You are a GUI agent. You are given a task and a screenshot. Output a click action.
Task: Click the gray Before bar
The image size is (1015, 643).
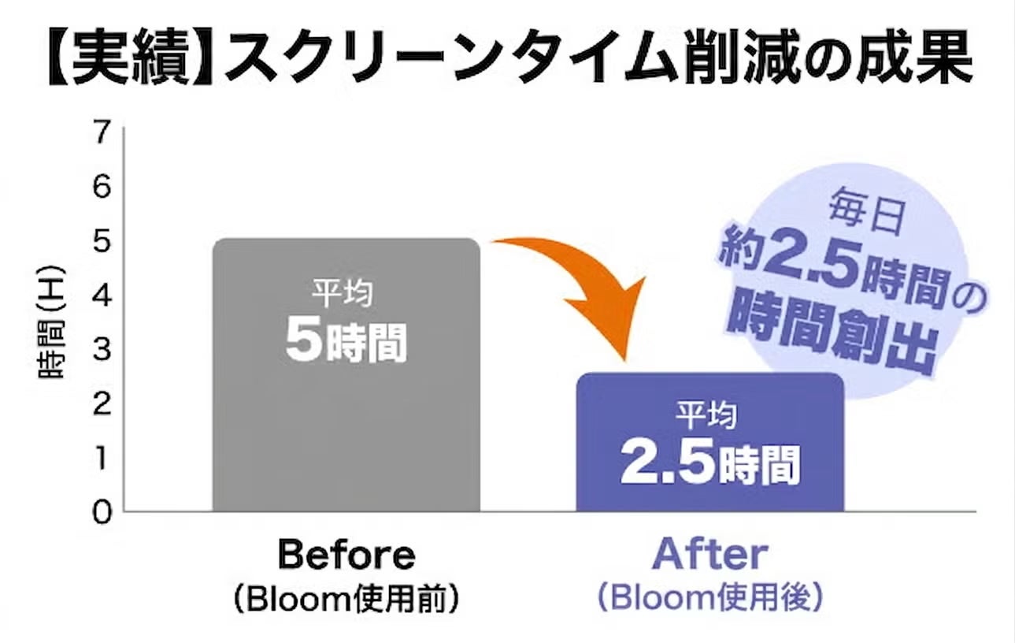[346, 375]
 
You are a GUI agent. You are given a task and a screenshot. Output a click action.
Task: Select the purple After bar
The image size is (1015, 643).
[709, 443]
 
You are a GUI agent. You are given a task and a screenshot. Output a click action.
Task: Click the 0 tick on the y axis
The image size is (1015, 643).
[102, 513]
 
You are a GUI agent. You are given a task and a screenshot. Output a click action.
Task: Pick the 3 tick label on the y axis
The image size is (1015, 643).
[102, 350]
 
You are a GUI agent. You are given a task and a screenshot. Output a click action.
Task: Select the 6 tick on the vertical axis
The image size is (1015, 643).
[102, 187]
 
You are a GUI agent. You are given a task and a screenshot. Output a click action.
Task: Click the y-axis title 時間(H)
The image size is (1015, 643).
[50, 322]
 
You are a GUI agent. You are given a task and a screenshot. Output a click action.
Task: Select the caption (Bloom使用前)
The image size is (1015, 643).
[346, 600]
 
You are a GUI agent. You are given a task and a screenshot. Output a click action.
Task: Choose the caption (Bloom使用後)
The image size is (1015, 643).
[710, 599]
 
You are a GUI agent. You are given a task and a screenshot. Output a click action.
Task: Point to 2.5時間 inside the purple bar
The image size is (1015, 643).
[710, 463]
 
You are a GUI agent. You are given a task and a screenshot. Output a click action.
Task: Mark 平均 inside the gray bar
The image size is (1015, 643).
[343, 293]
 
